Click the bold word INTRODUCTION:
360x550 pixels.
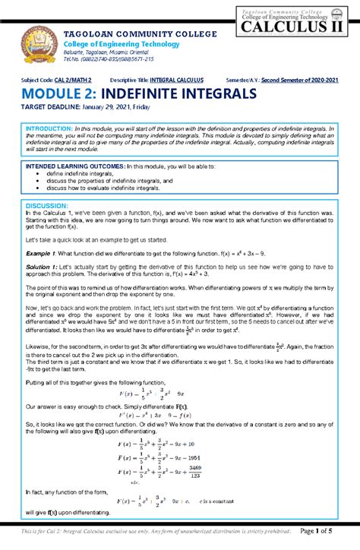pyautogui.click(x=49, y=129)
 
